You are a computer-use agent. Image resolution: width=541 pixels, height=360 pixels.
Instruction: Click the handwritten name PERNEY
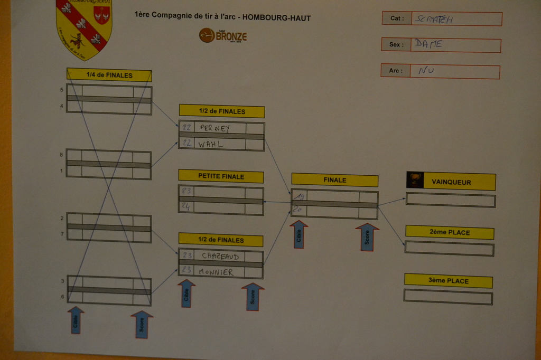coord(215,128)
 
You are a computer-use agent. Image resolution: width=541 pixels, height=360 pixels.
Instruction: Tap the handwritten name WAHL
coord(211,144)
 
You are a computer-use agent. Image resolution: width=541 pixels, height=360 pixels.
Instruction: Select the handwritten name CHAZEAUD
coord(220,256)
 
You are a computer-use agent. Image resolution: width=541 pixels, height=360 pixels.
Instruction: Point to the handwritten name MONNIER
coord(216,272)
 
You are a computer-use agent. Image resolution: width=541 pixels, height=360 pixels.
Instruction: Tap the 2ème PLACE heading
coord(450,232)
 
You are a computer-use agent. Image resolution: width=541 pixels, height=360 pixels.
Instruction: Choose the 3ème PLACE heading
coord(449,281)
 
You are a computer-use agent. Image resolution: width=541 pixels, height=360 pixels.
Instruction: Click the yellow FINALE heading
coord(334,180)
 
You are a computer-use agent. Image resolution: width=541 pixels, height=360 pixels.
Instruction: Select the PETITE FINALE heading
coord(221,176)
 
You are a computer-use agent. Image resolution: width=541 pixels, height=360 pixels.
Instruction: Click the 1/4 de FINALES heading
coord(109,75)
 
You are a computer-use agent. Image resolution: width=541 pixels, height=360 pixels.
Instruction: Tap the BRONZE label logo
coord(222,36)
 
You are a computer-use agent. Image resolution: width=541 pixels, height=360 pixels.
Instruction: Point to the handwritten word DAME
coord(428,44)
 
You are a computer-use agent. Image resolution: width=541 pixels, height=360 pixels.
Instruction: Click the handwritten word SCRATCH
coord(434,20)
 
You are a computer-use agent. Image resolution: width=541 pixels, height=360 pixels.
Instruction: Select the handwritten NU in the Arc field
coord(426,70)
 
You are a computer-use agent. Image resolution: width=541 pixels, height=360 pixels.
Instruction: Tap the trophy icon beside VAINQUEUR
coord(415,180)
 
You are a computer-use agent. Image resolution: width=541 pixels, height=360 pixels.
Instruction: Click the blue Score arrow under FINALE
coord(367,237)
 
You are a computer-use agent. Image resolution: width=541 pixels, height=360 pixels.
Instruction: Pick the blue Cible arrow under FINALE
coord(299,235)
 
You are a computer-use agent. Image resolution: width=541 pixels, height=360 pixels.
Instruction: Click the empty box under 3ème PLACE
coord(448,297)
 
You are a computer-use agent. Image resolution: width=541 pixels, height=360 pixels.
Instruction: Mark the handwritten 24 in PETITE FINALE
coord(185,207)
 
